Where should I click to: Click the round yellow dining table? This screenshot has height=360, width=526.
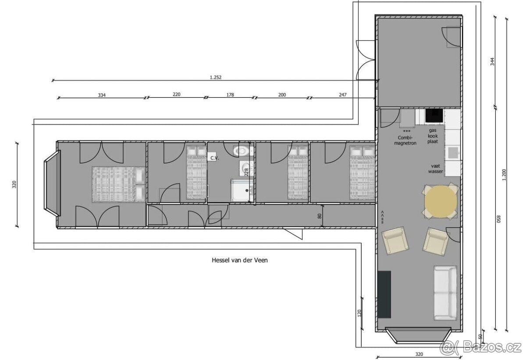(x=441, y=202)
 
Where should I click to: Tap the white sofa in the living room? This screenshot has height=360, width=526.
(x=445, y=293)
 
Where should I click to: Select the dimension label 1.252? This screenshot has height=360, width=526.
(x=215, y=77)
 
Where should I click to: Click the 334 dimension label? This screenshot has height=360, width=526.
(x=102, y=95)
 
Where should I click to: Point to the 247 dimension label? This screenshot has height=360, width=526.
(x=343, y=95)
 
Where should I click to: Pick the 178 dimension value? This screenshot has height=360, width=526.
(x=230, y=95)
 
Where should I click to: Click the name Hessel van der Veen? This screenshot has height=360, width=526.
(x=239, y=260)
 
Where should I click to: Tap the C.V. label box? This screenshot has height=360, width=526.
(x=213, y=157)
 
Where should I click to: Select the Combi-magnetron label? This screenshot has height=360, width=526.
(x=405, y=140)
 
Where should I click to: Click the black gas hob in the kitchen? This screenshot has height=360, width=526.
(x=434, y=115)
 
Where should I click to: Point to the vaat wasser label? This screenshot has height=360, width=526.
(x=435, y=169)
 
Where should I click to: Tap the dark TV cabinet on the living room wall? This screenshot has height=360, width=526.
(x=384, y=295)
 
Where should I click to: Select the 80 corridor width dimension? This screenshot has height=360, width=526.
(x=320, y=216)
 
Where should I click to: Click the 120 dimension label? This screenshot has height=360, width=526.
(x=359, y=313)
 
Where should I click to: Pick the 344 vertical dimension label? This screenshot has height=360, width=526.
(x=493, y=61)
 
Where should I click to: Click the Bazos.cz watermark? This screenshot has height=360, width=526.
(x=481, y=348)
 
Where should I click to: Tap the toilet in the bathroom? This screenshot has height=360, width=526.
(x=243, y=150)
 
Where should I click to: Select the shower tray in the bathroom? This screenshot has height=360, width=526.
(x=242, y=190)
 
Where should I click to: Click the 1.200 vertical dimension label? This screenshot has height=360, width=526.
(x=504, y=175)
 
